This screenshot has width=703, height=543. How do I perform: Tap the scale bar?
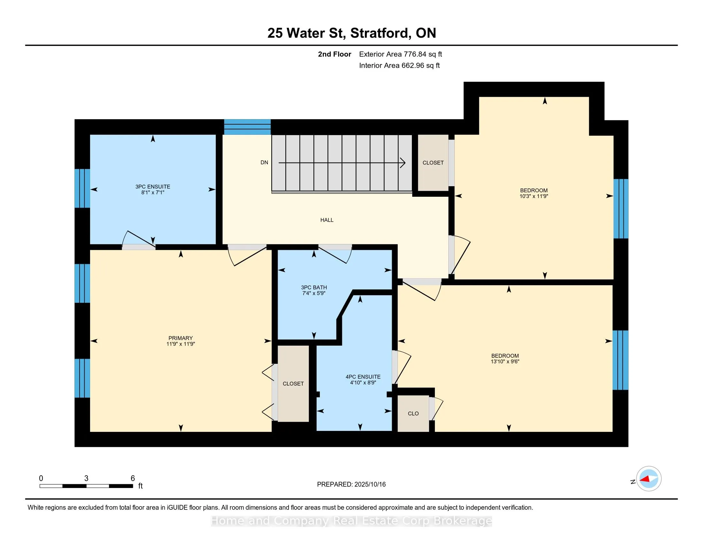click(86, 486)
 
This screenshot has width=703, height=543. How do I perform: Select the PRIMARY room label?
click(181, 338)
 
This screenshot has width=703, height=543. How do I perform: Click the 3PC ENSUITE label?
click(153, 187)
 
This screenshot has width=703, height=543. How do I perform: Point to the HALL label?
click(327, 220)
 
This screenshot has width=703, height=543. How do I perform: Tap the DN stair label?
click(264, 163)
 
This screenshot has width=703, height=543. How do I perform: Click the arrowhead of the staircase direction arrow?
click(403, 163)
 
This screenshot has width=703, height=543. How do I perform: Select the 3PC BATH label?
click(314, 287)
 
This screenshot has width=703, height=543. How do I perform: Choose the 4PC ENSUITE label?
click(363, 377)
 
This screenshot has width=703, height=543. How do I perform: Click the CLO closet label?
click(413, 414)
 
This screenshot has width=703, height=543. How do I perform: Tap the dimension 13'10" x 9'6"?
click(505, 362)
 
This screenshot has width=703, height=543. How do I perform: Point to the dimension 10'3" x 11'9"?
click(534, 196)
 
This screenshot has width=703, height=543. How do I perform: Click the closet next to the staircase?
click(433, 163)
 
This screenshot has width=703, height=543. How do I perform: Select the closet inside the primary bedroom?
click(293, 383)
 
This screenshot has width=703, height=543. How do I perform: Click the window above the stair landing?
click(247, 127)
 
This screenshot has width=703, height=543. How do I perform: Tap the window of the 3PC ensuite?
click(82, 188)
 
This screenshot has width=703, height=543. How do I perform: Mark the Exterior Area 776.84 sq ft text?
click(400, 54)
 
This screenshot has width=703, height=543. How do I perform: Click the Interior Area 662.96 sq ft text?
click(399, 65)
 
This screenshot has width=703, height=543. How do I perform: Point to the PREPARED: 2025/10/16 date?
click(351, 485)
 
